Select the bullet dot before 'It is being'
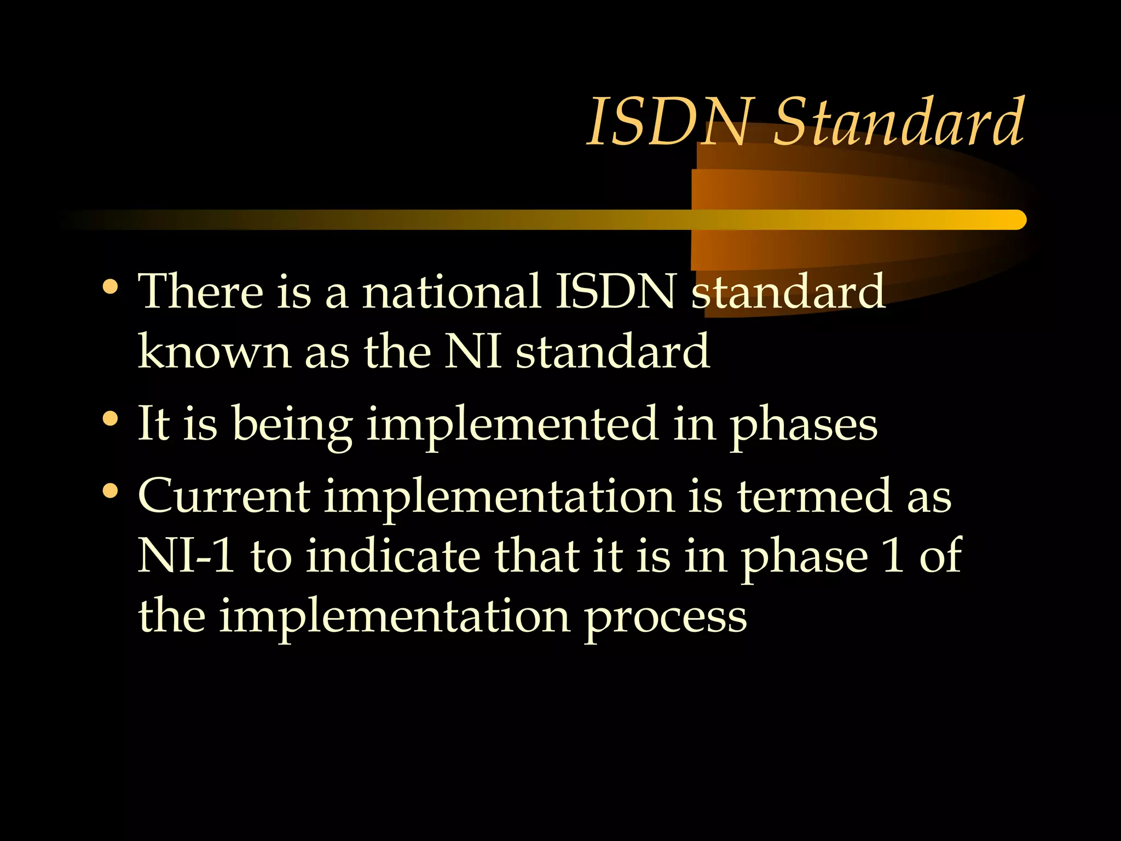(110, 419)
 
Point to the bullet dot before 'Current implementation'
(110, 491)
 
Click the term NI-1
(187, 556)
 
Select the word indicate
(393, 556)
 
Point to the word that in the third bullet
(537, 556)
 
